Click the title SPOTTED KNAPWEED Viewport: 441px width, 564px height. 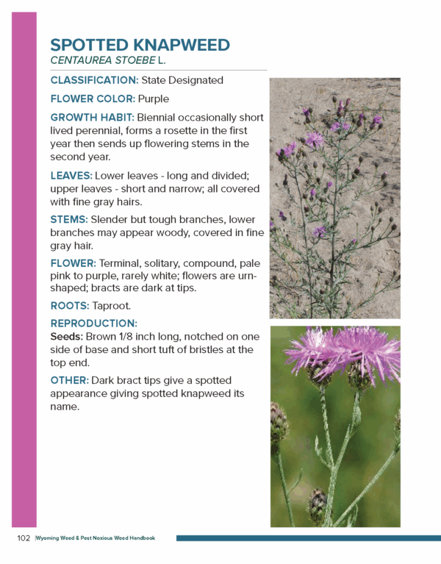coord(140,45)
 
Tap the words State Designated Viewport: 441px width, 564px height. coord(182,79)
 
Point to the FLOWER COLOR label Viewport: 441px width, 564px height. coord(92,99)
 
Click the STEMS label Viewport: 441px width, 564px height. coord(69,219)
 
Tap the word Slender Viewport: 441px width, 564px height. coord(112,219)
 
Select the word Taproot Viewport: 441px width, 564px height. coord(117,306)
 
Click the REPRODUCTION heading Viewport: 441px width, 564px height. coord(93,324)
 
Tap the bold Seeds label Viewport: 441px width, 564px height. coord(66,337)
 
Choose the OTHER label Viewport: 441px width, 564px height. coord(69,380)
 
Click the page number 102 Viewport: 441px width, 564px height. coord(24,538)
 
